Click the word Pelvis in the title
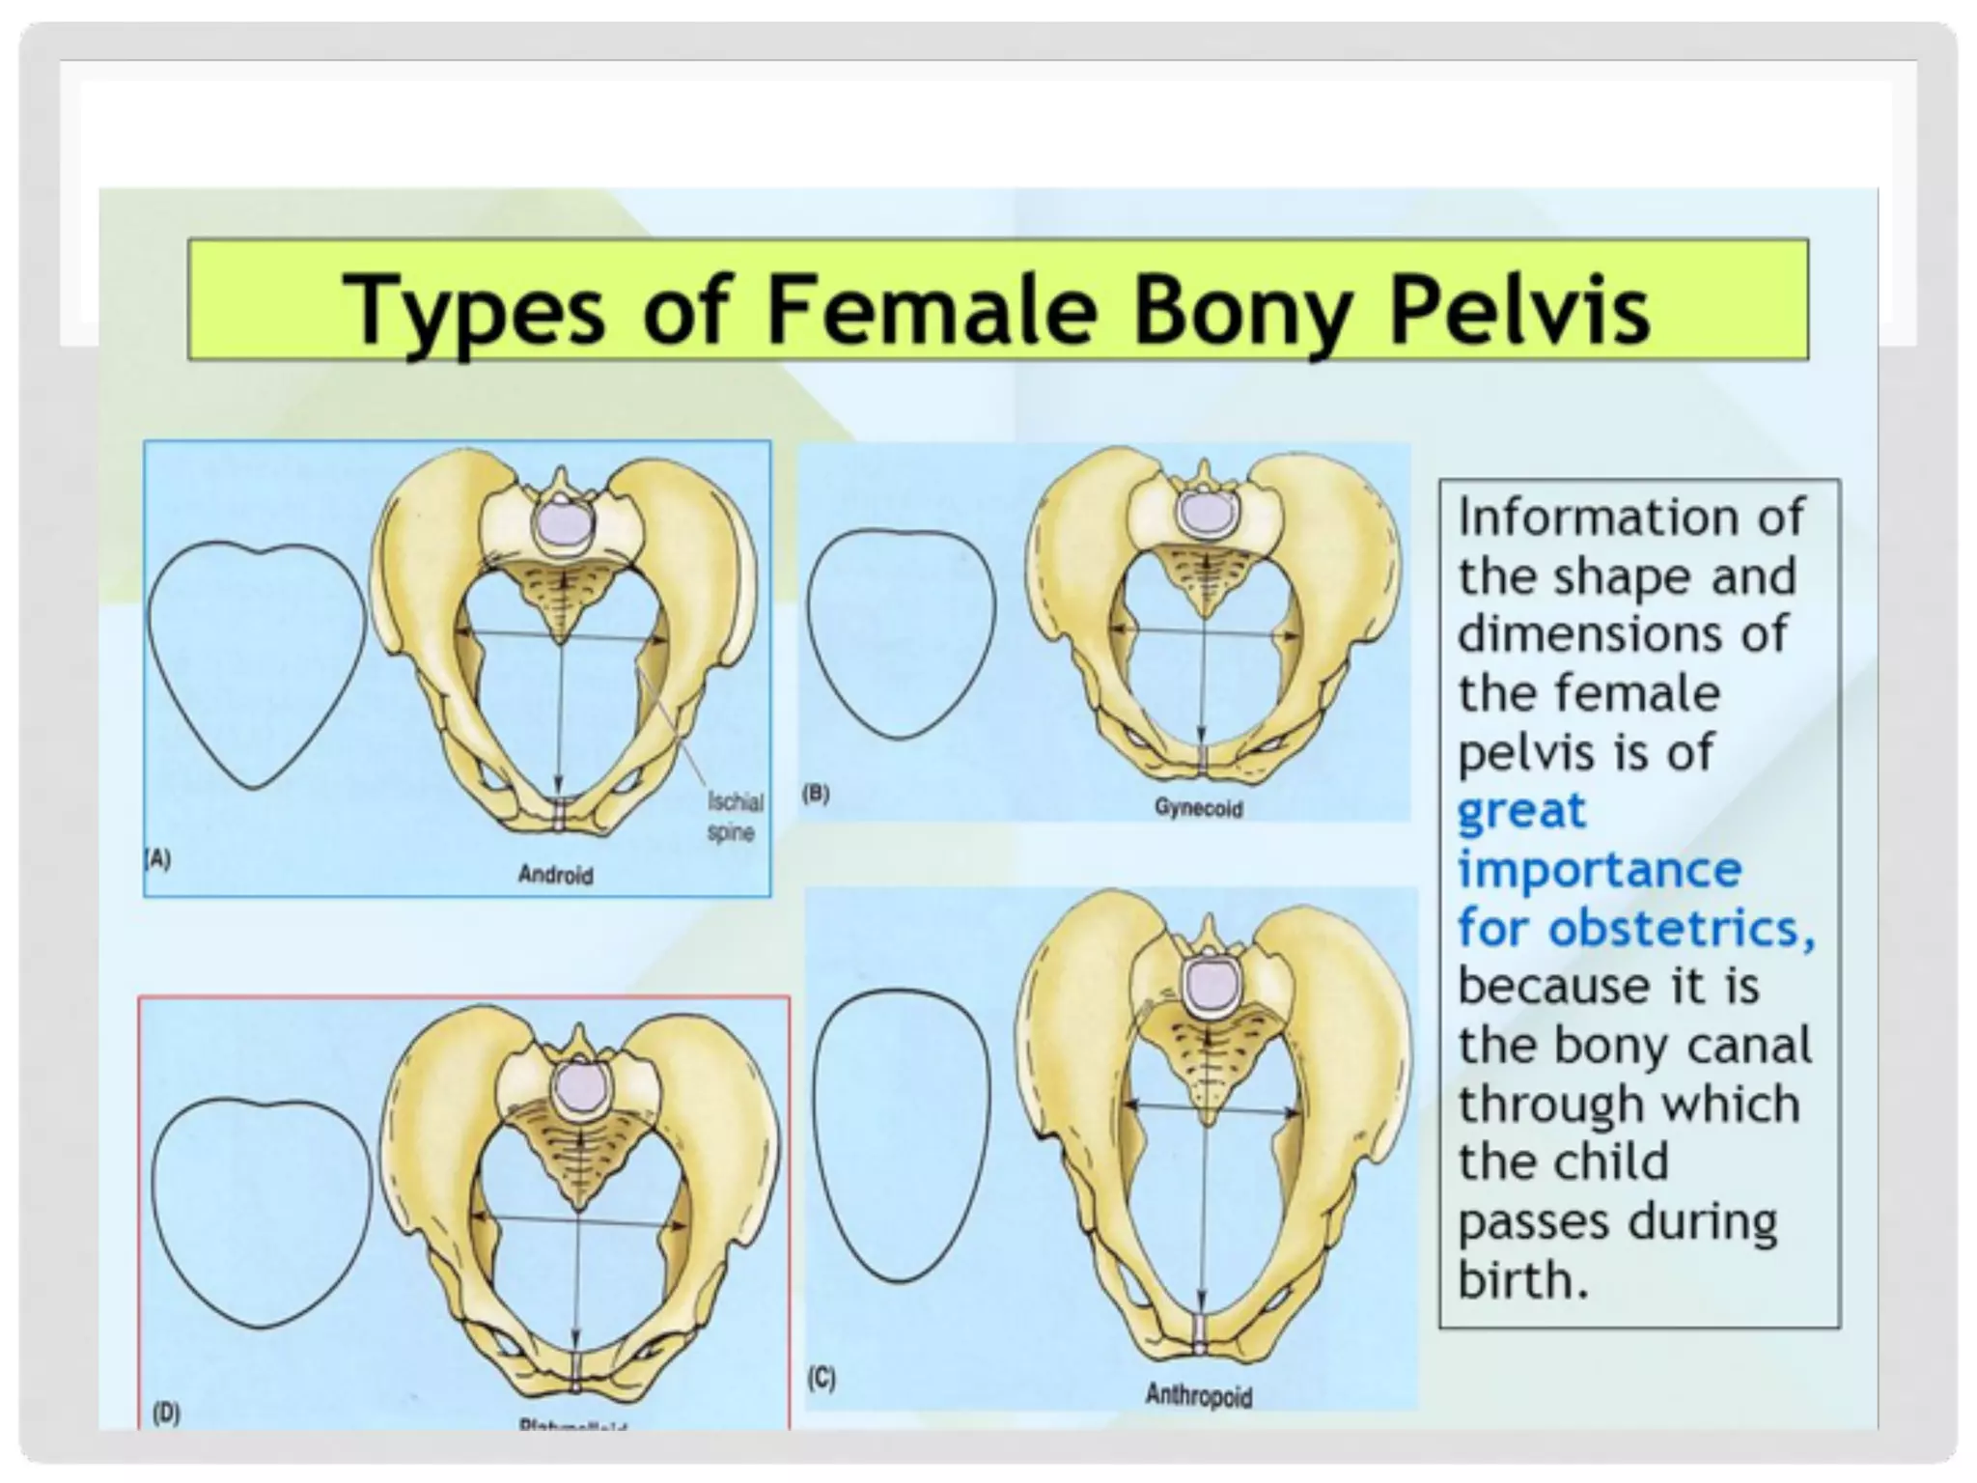click(x=1518, y=309)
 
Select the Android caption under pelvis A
click(x=555, y=875)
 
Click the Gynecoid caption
click(x=1198, y=808)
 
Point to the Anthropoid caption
click(x=1198, y=1395)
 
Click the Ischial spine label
click(x=735, y=817)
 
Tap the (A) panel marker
click(x=157, y=858)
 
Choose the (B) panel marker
click(x=817, y=794)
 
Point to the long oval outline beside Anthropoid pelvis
click(x=902, y=1134)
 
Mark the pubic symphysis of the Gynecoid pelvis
click(x=1202, y=758)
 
